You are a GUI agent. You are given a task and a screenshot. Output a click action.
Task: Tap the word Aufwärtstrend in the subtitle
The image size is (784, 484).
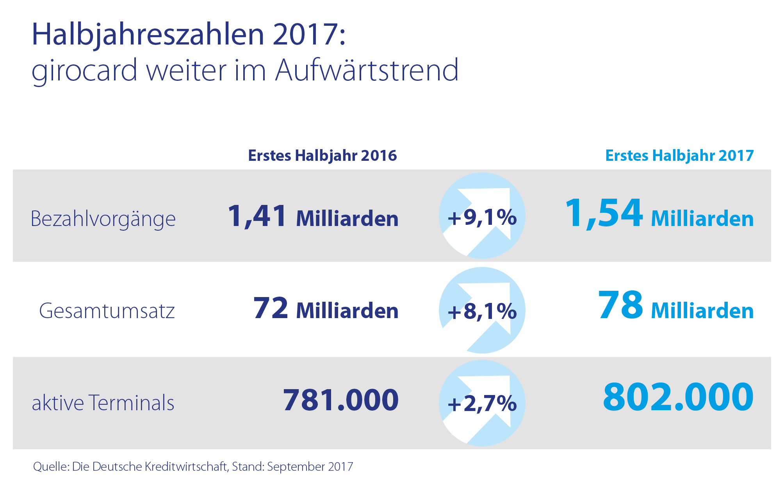(367, 70)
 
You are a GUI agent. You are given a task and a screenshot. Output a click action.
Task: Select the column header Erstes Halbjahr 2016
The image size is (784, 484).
(323, 156)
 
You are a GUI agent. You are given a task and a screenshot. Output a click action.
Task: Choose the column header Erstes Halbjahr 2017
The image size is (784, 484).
(679, 156)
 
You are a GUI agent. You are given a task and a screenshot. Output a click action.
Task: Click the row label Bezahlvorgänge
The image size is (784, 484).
(103, 219)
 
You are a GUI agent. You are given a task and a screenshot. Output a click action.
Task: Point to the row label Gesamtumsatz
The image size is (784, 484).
(107, 311)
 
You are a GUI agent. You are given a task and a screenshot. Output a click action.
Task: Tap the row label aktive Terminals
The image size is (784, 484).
(103, 403)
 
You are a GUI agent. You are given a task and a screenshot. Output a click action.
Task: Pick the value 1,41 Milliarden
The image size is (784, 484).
(313, 217)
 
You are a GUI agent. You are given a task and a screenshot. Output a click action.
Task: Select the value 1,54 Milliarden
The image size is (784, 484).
(659, 215)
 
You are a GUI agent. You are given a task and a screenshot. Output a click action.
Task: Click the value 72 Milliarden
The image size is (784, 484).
(326, 309)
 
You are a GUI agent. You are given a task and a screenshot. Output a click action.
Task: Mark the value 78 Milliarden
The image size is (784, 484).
(676, 307)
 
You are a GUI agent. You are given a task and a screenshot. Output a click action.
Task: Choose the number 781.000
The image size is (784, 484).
(341, 400)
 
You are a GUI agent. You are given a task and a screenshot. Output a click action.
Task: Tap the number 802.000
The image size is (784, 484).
(678, 397)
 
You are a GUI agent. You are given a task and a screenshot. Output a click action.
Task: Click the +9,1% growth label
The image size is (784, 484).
(482, 217)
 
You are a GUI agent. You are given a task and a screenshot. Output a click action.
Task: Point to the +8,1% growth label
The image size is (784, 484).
(482, 311)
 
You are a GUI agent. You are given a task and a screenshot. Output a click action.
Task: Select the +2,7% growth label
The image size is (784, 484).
(482, 404)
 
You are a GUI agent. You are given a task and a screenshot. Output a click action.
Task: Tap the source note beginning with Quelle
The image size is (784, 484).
(193, 467)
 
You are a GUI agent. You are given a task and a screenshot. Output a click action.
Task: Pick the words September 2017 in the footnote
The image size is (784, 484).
(310, 467)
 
